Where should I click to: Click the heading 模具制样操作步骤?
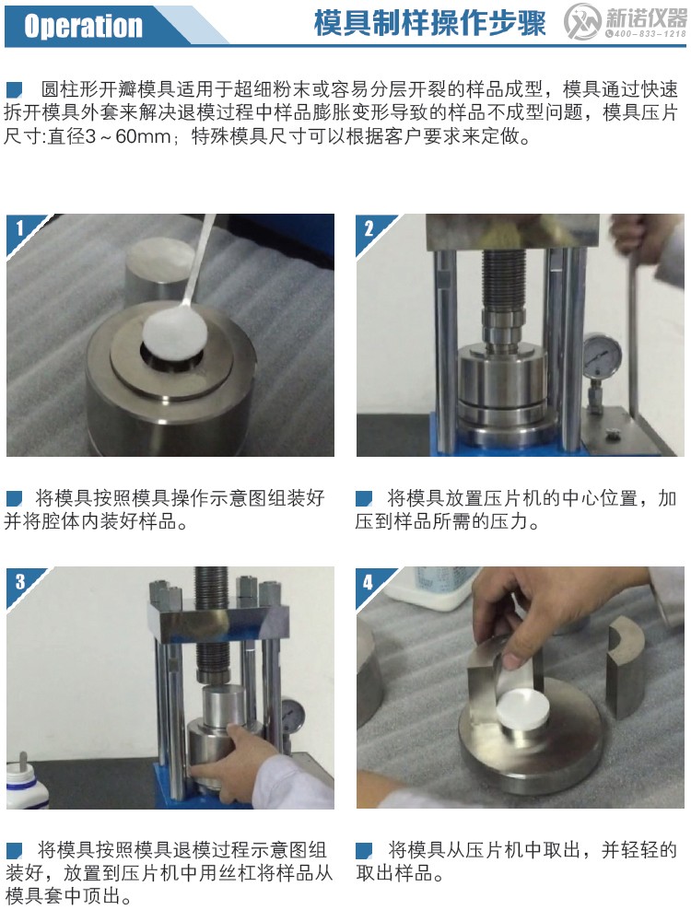pyautogui.click(x=428, y=24)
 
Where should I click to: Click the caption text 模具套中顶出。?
pyautogui.click(x=67, y=895)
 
